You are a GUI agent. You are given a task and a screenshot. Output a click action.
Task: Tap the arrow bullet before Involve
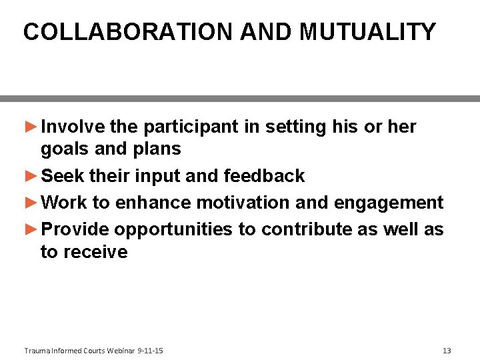click(31, 127)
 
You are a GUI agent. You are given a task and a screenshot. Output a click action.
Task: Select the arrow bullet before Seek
click(31, 176)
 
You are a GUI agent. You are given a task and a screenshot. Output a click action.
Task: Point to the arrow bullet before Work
click(31, 202)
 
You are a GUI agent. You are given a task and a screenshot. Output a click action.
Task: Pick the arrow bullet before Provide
click(31, 229)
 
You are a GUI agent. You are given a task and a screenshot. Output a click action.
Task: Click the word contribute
click(303, 229)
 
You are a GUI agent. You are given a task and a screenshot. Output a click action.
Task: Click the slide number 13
click(447, 351)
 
